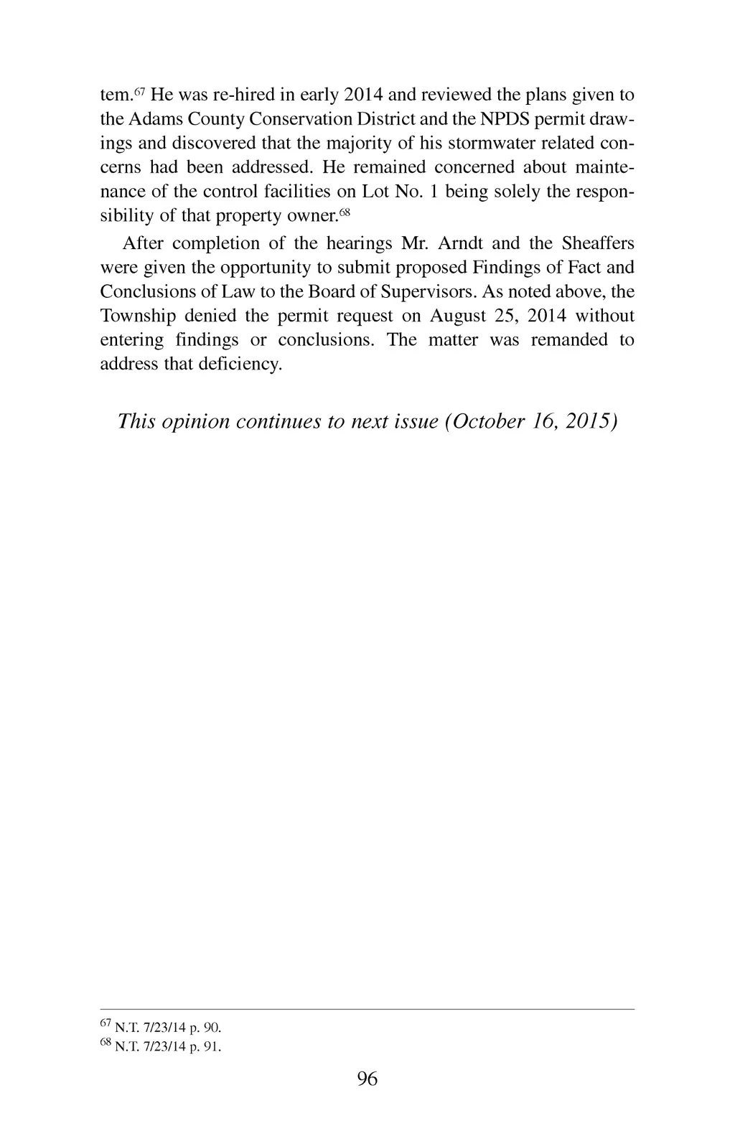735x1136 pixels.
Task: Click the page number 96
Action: coord(367,1079)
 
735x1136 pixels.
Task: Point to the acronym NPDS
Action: coord(497,118)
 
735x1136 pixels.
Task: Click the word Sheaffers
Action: coord(598,243)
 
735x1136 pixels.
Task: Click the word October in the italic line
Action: coord(487,421)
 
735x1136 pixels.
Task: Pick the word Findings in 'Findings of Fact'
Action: coord(507,268)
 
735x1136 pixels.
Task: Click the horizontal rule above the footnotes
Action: coord(367,1009)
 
